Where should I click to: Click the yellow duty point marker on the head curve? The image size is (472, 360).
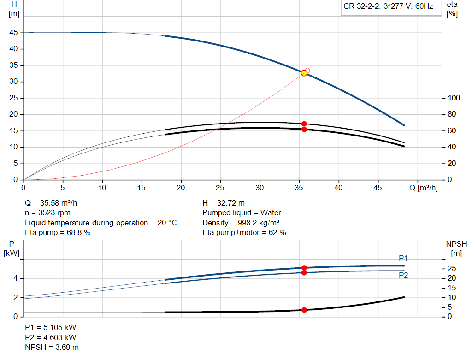coord(304,73)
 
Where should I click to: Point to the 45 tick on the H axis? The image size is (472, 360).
coord(14,33)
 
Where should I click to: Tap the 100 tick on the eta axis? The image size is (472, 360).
coord(454,98)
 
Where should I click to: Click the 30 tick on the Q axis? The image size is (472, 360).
coord(260,188)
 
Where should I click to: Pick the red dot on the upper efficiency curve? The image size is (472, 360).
coord(304,124)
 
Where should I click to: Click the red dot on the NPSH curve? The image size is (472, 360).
coord(304,310)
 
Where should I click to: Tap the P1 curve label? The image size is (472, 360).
coord(403,258)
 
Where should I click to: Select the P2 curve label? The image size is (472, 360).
coord(403,276)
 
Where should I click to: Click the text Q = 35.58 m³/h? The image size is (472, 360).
coord(54,203)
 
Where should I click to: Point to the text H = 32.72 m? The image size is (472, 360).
coord(224,203)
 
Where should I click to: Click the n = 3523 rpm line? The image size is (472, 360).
coord(48,213)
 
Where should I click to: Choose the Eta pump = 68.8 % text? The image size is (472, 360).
coord(58,233)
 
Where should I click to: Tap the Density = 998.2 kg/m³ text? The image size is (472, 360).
coord(241,223)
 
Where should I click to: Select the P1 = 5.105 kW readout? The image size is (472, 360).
coord(50,327)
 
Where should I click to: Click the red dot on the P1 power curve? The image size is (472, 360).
coord(304,268)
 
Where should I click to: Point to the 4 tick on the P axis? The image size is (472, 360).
coord(16,278)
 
